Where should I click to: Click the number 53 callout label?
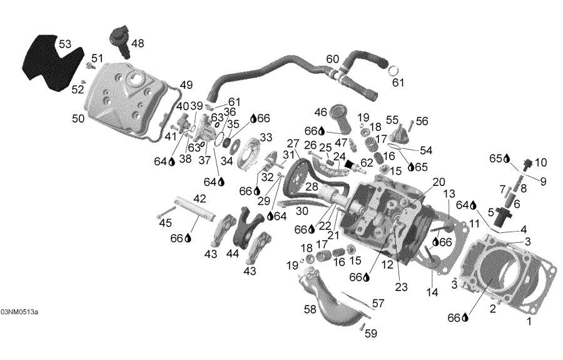tap(65, 44)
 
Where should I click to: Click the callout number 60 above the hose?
tap(333, 59)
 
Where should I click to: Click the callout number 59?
tap(371, 334)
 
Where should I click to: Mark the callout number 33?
tap(266, 137)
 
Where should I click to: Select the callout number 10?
tap(540, 162)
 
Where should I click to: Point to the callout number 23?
tap(401, 287)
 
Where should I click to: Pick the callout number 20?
tap(439, 182)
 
